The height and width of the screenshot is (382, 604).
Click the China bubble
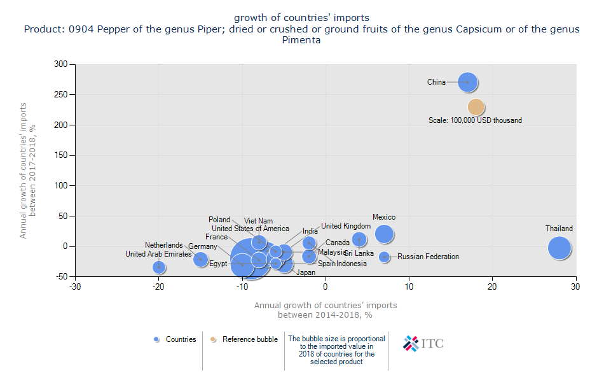[468, 82]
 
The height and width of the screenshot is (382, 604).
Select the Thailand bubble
[559, 248]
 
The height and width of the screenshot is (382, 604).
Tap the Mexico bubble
[384, 234]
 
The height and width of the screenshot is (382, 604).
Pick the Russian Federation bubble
[384, 257]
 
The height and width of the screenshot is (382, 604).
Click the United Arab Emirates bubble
[159, 267]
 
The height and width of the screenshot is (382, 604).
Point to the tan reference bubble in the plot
[476, 107]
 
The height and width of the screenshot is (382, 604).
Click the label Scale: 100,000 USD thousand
[475, 120]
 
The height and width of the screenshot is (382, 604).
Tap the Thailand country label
[559, 229]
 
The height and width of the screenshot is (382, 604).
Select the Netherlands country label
[163, 245]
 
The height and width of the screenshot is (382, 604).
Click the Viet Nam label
[258, 221]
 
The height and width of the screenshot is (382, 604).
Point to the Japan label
[306, 272]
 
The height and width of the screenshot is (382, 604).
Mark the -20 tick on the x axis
[158, 286]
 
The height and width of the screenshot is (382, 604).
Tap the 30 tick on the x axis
[576, 286]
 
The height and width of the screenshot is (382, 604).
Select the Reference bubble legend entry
[245, 339]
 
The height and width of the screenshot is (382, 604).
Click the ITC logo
[423, 343]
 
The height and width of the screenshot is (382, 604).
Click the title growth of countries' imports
[301, 17]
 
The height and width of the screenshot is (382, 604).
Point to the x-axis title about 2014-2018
[325, 310]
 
